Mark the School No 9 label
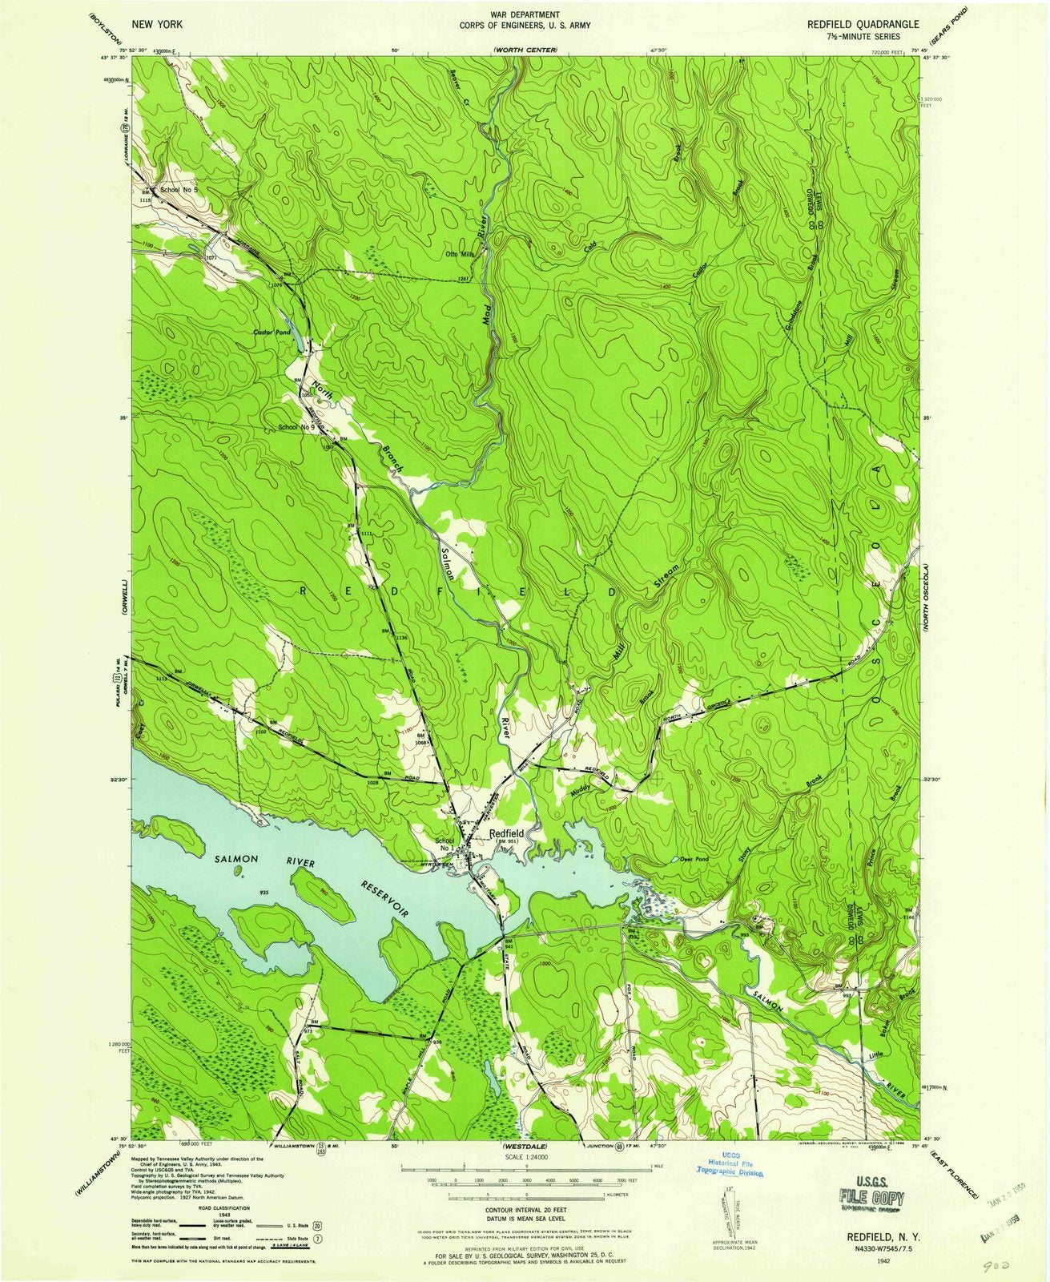[x=296, y=427]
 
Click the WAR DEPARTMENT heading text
[x=525, y=15]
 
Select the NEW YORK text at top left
[x=160, y=25]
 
